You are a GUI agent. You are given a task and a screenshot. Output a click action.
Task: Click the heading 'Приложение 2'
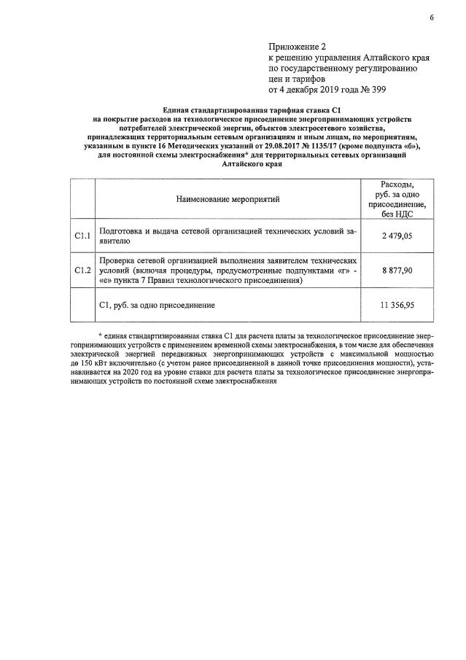pyautogui.click(x=297, y=47)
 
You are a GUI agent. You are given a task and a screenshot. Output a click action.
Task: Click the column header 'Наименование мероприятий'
pyautogui.click(x=228, y=198)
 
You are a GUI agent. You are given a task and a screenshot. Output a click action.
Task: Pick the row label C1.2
pyautogui.click(x=82, y=271)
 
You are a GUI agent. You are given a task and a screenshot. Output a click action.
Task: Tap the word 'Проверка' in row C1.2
pyautogui.click(x=119, y=260)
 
